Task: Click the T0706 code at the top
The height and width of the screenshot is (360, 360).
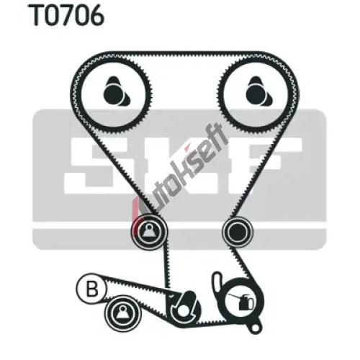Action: click(66, 16)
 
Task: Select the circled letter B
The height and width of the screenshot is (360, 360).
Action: click(91, 289)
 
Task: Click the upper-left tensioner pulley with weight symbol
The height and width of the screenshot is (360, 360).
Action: click(149, 232)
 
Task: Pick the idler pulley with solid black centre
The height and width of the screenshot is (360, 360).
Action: click(238, 232)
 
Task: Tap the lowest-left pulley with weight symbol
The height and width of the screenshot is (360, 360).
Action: click(122, 313)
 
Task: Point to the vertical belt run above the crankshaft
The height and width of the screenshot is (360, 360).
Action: click(167, 269)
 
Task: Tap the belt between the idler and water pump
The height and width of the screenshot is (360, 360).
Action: click(244, 264)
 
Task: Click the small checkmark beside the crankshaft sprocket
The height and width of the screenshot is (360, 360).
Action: click(171, 297)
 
